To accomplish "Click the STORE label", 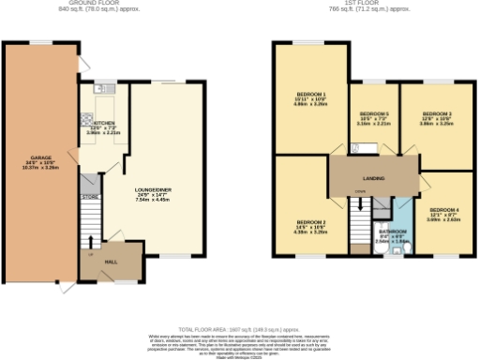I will (89, 197).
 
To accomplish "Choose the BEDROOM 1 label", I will (310, 95).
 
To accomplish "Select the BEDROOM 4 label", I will (443, 209).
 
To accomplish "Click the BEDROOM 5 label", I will (374, 113).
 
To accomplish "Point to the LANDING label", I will (374, 176).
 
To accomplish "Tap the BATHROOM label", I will (391, 230).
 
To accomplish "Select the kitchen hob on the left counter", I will (86, 120).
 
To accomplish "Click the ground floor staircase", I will (89, 225).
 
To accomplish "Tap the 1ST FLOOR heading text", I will (373, 3).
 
